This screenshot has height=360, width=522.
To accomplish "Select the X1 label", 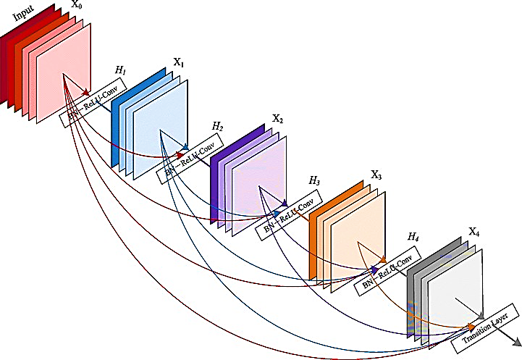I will click(x=179, y=64).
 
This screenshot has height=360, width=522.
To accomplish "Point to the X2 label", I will click(x=277, y=117).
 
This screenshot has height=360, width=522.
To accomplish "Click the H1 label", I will click(x=120, y=70).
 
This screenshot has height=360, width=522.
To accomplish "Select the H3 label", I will click(x=314, y=180).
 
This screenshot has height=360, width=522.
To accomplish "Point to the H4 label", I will click(x=413, y=237).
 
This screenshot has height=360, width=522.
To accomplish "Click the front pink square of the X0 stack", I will click(x=65, y=72).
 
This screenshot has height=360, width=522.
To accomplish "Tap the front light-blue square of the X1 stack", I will click(x=162, y=130).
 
